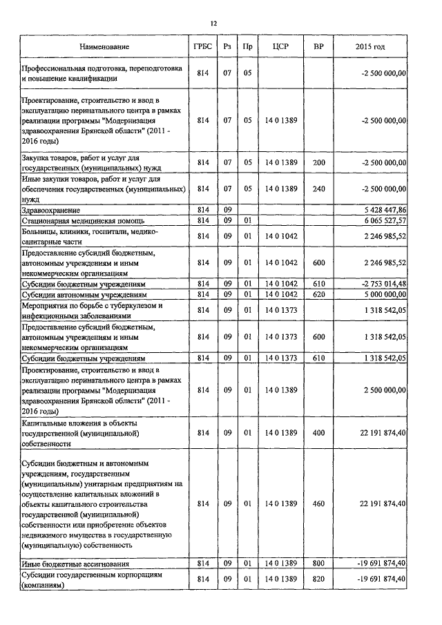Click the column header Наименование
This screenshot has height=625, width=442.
click(104, 46)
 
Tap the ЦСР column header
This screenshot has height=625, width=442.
click(280, 46)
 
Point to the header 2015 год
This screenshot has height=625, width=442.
click(370, 46)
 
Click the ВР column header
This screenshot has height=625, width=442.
click(318, 46)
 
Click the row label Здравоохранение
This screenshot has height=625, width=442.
click(50, 209)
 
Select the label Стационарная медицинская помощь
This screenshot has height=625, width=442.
click(77, 220)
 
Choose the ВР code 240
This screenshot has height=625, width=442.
click(318, 188)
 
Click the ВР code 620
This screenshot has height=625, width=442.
click(318, 294)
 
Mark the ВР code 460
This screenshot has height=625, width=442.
click(318, 504)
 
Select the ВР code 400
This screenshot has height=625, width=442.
click(318, 432)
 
